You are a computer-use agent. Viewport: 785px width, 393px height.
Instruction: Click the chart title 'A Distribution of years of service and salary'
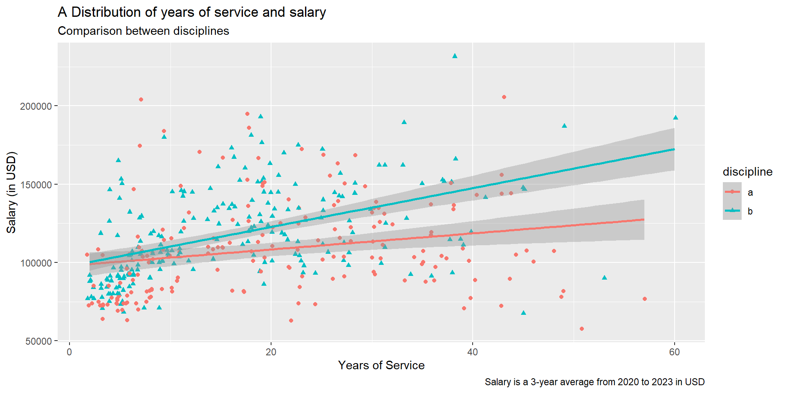(x=192, y=12)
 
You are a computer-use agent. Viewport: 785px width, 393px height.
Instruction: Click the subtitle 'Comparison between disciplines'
(x=143, y=31)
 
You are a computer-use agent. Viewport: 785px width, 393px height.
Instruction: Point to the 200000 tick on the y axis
(x=36, y=106)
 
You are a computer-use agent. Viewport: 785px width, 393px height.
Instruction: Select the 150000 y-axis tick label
(x=36, y=185)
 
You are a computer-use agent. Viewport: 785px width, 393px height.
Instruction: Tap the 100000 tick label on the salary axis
(x=36, y=263)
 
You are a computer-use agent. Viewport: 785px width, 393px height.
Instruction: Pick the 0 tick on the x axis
(x=70, y=352)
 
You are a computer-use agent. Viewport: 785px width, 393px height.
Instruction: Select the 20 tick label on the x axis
(x=271, y=352)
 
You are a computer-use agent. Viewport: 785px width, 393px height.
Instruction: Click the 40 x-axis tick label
(x=473, y=352)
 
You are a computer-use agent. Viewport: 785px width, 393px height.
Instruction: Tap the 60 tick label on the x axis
(x=674, y=352)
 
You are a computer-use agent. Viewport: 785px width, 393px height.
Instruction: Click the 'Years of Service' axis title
(x=381, y=365)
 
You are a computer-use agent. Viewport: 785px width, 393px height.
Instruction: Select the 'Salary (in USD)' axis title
(x=11, y=192)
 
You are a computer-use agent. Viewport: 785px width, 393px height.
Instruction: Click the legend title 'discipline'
(x=747, y=172)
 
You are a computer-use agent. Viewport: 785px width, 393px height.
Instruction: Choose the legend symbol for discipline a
(x=732, y=192)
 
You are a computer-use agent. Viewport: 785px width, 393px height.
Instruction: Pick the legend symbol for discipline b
(x=732, y=211)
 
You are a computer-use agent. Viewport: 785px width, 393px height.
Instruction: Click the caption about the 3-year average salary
(x=594, y=382)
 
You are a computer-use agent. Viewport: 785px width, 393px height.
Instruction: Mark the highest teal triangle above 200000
(x=455, y=56)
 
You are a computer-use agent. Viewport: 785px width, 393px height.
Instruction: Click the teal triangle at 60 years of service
(x=675, y=118)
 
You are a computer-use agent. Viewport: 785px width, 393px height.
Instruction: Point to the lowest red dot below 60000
(x=582, y=329)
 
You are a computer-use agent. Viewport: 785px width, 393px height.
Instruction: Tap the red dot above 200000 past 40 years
(x=504, y=97)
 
